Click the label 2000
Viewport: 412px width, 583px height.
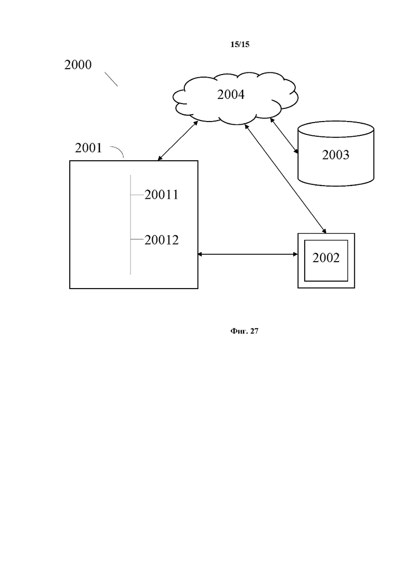(78, 65)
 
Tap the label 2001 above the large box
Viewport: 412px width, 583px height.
(88, 148)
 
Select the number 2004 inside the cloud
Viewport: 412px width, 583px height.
(231, 95)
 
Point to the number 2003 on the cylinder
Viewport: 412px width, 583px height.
(335, 155)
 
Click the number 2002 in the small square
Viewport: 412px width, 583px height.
(326, 258)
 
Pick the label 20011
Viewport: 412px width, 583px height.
(162, 195)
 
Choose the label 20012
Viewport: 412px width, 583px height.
(162, 240)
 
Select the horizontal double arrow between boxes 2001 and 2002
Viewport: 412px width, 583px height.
(248, 255)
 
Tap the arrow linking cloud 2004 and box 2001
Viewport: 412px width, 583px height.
(178, 140)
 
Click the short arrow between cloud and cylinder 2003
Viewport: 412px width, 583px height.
(284, 136)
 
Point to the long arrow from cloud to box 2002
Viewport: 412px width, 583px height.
(285, 178)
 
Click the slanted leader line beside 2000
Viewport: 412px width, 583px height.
(110, 79)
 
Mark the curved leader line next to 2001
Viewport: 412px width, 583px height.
(118, 152)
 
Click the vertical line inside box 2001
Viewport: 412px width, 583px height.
(130, 225)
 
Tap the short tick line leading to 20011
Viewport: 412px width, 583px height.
(137, 195)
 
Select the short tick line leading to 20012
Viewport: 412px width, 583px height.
(137, 240)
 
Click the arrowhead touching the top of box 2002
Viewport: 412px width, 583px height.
(324, 230)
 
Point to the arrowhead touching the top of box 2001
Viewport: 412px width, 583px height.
(160, 158)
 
